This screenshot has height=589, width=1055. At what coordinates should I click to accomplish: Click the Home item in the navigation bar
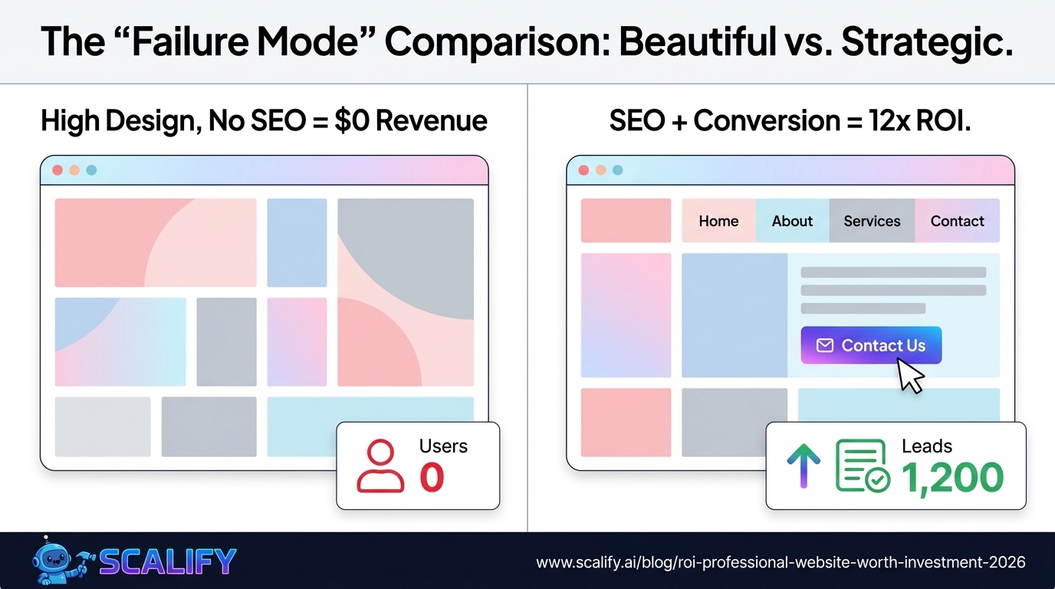tap(718, 221)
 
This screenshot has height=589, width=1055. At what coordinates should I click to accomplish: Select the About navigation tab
tap(792, 221)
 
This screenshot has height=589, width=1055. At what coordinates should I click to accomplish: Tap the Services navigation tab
tap(872, 221)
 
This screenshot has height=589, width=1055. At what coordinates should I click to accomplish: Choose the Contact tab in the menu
tap(957, 221)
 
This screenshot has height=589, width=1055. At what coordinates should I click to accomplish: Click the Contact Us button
tap(871, 345)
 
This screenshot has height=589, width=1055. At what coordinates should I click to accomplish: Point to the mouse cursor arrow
tap(909, 376)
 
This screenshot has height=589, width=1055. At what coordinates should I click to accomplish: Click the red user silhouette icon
tap(380, 466)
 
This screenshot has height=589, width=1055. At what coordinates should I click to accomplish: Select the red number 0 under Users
tap(432, 477)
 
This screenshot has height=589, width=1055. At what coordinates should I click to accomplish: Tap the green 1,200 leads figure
tap(952, 478)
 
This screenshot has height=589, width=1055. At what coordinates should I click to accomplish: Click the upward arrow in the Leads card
tap(804, 466)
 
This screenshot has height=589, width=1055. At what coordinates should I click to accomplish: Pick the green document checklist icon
tap(862, 466)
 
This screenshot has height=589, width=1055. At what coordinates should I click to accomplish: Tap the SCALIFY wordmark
tap(167, 561)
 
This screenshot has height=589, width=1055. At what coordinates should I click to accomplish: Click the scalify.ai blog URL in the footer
tap(781, 562)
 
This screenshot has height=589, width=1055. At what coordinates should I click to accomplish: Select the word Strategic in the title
tap(927, 41)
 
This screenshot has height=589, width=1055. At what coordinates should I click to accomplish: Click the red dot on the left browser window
tap(58, 170)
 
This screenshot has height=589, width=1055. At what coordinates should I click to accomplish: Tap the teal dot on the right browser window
tap(617, 170)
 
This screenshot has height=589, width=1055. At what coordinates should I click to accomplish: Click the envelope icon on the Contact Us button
tap(825, 345)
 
